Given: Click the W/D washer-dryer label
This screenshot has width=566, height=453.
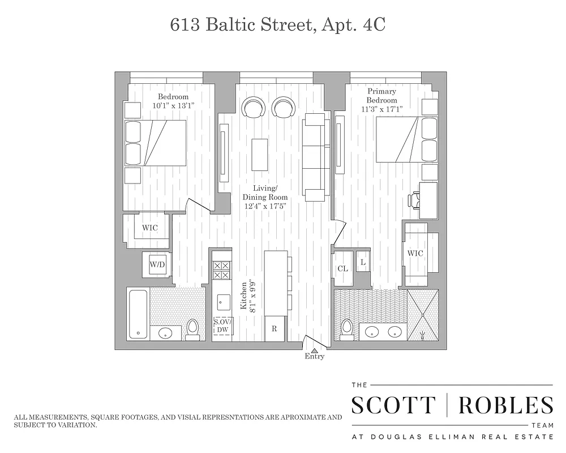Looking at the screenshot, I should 157,264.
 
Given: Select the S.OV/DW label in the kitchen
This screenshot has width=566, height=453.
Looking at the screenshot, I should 222,326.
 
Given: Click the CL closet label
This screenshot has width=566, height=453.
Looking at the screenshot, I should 342,268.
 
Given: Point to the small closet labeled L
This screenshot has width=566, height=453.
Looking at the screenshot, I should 362,262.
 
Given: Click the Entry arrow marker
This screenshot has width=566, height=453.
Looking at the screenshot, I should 315,350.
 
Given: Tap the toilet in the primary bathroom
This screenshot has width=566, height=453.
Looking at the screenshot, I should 347,329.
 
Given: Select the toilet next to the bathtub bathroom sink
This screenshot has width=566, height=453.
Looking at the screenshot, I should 192,328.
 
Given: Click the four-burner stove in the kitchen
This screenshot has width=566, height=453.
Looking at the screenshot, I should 221,270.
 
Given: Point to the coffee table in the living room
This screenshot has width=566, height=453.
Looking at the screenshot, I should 260,154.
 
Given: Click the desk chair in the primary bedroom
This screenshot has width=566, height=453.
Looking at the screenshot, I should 414,199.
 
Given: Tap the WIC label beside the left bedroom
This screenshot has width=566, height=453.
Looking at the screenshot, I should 149,228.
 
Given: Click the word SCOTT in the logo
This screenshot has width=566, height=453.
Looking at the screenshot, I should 393,405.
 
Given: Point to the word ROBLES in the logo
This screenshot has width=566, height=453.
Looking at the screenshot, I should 505,405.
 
